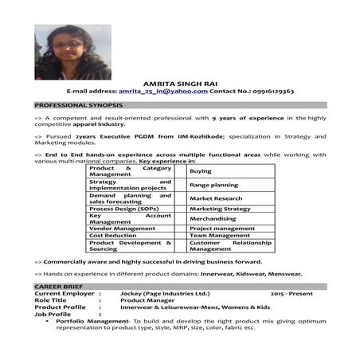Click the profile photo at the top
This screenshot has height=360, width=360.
point(62,52)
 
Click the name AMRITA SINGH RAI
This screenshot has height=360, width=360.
point(179,83)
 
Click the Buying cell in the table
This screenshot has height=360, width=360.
point(201,171)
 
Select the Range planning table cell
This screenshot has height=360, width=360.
point(213,185)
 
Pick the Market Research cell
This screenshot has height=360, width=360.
point(216,198)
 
